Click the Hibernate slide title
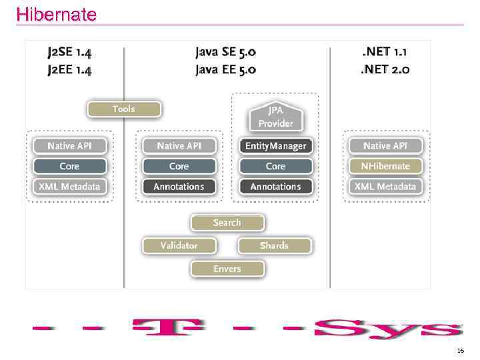pos(56,14)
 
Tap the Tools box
pos(124,109)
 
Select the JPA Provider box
pos(276,117)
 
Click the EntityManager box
pos(275,146)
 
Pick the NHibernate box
pos(385,166)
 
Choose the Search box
pos(227,223)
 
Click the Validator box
pos(179,245)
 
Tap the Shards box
pos(275,245)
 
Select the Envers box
pos(227,269)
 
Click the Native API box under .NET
pos(385,146)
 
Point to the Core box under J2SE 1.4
pos(69,166)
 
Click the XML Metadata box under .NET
pos(385,187)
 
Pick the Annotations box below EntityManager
pos(275,187)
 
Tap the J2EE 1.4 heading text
pos(69,69)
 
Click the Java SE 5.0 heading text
pos(226,51)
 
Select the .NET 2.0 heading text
pos(385,69)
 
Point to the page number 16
pos(460,350)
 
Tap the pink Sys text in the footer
pos(387,329)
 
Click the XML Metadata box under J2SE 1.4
pos(69,187)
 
